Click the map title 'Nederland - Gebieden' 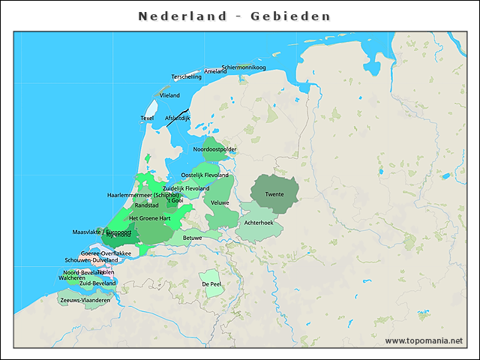pos(235,16)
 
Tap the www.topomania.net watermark pos(424,341)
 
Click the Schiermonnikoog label pos(244,67)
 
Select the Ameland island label pos(215,71)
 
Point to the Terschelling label pos(187,76)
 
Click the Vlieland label pos(169,95)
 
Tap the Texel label pos(147,118)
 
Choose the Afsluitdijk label pos(178,118)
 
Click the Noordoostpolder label pos(214,149)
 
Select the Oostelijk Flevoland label pos(205,175)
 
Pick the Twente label pos(274,194)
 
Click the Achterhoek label pos(259,223)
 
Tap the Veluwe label pos(220,203)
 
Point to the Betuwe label pos(193,238)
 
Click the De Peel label pos(211,284)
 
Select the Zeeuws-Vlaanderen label pos(85,300)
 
